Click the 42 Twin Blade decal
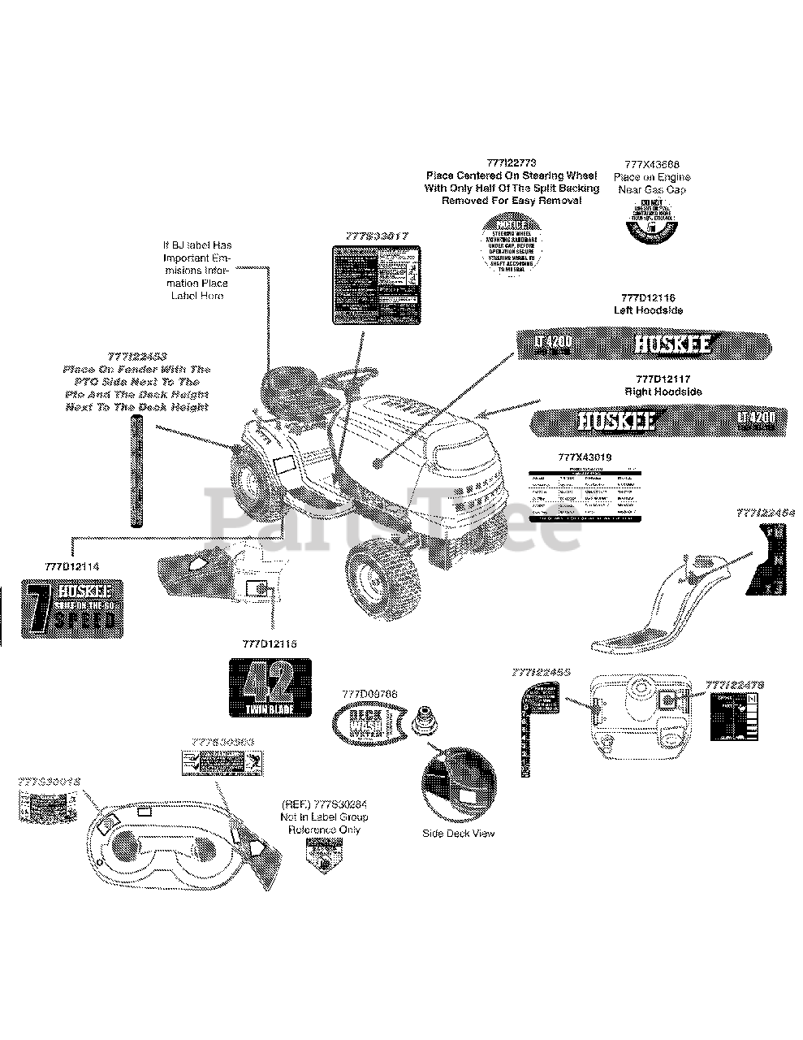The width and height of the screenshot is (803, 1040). tap(268, 687)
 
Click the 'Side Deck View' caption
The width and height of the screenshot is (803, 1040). tap(458, 834)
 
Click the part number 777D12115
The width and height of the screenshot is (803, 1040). tap(269, 643)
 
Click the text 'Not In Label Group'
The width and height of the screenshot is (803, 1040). tap(323, 817)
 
